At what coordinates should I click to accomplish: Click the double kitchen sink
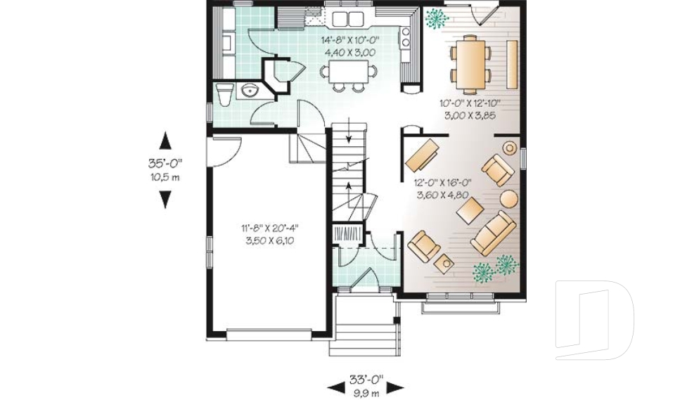[347, 18]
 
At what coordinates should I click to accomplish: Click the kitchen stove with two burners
[406, 38]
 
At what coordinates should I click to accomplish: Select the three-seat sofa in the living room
[494, 233]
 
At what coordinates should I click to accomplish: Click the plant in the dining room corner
[437, 18]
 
